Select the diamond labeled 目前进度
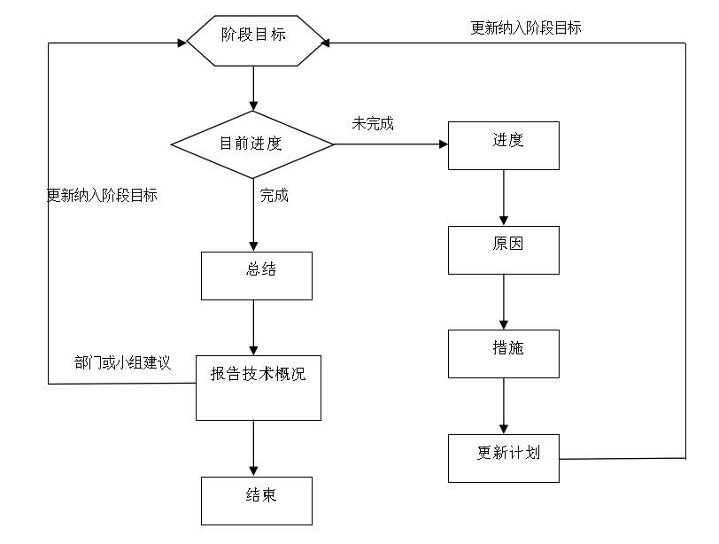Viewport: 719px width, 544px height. click(253, 143)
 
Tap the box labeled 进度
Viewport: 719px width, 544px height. click(503, 144)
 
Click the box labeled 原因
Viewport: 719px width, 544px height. click(503, 249)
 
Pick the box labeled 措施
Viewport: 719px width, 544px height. click(503, 354)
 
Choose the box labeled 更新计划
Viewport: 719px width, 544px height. click(503, 457)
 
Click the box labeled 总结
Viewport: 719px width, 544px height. click(257, 276)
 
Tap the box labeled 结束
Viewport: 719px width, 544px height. click(257, 500)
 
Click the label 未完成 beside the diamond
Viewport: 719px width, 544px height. click(373, 124)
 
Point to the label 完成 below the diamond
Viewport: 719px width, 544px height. click(274, 196)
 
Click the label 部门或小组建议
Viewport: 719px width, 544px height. click(122, 363)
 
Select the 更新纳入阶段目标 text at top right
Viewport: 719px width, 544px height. click(526, 27)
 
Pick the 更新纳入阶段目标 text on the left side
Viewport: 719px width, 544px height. click(102, 196)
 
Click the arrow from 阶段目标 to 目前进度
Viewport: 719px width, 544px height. click(254, 89)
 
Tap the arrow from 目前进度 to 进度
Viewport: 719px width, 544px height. click(390, 144)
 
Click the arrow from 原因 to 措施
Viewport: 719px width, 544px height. click(504, 301)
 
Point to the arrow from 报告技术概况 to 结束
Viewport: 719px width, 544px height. click(254, 448)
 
